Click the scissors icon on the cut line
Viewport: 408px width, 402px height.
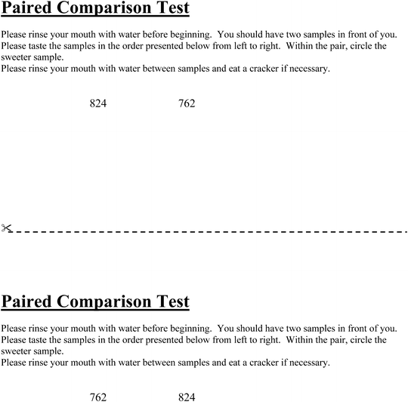(6, 227)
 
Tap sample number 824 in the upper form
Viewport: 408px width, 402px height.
(98, 104)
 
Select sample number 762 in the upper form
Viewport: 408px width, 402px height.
(187, 104)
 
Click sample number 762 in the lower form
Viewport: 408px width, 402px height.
(98, 397)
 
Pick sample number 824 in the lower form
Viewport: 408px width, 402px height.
(187, 397)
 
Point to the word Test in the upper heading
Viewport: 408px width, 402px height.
(173, 10)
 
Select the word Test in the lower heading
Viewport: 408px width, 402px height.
(173, 302)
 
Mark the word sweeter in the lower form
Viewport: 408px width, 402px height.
(16, 351)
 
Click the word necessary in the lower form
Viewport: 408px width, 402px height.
(308, 363)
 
